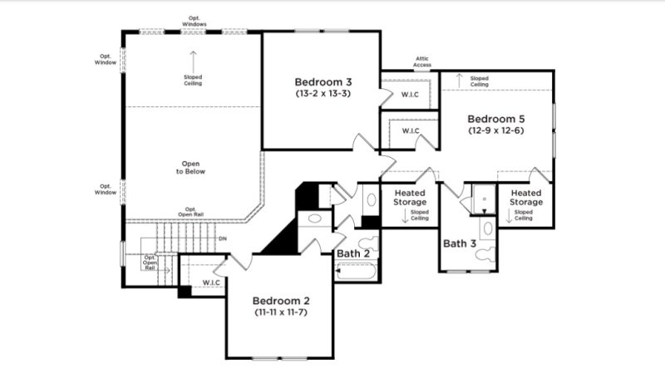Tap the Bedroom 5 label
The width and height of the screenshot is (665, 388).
click(x=495, y=118)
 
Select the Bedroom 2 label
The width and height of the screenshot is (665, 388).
click(x=281, y=300)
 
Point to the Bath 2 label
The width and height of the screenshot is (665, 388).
click(x=353, y=253)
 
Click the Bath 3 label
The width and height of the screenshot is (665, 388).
click(x=460, y=243)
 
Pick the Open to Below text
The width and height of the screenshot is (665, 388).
click(x=190, y=166)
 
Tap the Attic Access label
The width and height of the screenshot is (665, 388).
click(x=423, y=62)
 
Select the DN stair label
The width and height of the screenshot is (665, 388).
click(x=222, y=239)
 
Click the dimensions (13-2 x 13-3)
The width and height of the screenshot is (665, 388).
click(x=323, y=94)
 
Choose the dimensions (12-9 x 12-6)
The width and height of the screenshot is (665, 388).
click(x=495, y=130)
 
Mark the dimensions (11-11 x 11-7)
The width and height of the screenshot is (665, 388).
click(x=281, y=312)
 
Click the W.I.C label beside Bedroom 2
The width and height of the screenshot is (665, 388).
click(x=211, y=282)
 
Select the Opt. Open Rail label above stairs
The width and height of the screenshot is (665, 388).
click(x=190, y=212)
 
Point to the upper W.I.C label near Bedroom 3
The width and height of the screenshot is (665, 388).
click(x=410, y=94)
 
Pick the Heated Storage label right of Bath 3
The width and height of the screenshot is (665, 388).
click(x=526, y=197)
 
